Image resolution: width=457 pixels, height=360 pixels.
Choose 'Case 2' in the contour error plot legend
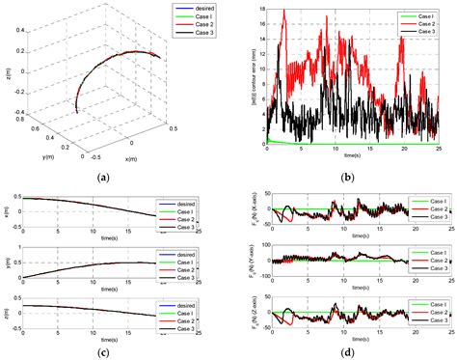tap(424, 25)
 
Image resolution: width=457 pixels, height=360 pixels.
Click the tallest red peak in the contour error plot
tap(284, 11)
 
